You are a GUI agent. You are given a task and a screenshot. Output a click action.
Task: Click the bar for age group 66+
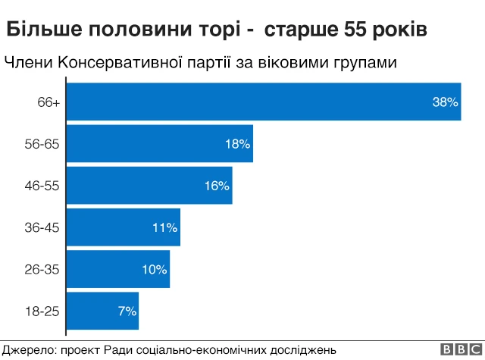tap(264, 102)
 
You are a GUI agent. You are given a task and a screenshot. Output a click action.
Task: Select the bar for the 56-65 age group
tap(161, 143)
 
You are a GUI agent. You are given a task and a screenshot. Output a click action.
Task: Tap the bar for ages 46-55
tap(150, 186)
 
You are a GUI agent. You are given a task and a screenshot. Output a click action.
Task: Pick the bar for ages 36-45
tap(124, 227)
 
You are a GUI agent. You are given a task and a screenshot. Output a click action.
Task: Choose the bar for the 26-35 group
tap(119, 269)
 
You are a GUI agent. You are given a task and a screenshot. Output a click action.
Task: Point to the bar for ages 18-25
tap(104, 311)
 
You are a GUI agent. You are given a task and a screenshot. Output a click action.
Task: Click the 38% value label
tap(446, 102)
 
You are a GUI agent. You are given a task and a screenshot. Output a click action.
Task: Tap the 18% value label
tap(237, 144)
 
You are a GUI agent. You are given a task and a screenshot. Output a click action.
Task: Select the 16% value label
tap(217, 186)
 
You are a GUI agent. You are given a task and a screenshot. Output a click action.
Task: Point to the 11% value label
tap(164, 227)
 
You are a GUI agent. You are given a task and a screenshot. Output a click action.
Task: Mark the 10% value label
tap(154, 269)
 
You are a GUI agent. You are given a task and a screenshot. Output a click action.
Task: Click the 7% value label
tap(127, 311)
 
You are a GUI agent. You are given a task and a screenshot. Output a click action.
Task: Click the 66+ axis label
tap(48, 102)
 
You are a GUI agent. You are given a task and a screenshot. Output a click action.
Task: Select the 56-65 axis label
tap(42, 144)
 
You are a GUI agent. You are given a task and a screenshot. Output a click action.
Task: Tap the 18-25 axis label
tap(42, 311)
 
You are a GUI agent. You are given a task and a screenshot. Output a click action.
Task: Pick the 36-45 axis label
tap(42, 227)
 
